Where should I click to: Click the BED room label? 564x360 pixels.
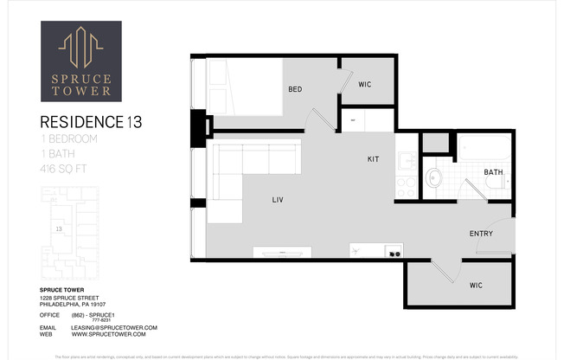coord(295,89)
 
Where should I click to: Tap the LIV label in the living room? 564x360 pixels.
coord(277,201)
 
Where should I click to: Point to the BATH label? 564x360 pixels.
coord(493,172)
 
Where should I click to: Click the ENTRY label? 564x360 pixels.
coord(482,234)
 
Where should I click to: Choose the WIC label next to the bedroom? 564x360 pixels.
coord(365,84)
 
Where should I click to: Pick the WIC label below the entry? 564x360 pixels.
coord(476,286)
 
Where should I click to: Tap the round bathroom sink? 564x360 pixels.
coord(435,178)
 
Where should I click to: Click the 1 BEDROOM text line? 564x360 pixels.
coord(70,138)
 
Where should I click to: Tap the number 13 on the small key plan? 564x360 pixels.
coord(58,229)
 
